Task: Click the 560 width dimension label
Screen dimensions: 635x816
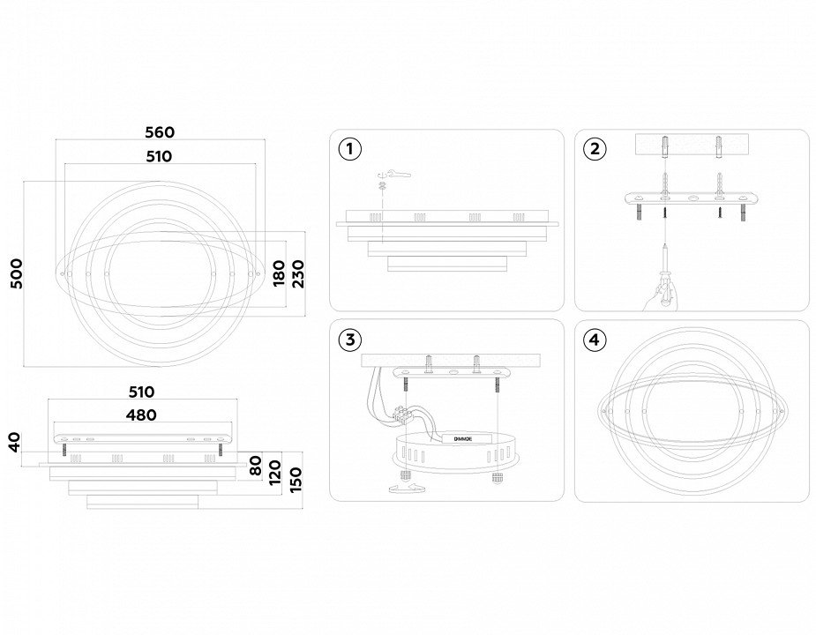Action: tap(160, 133)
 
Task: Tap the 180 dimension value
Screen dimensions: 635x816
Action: tap(279, 273)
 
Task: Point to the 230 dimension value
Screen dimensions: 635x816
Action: tap(298, 273)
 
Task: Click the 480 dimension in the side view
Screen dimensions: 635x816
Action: tap(141, 415)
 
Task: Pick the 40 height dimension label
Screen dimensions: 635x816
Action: tap(13, 441)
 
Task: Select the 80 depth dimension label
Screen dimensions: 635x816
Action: tap(258, 465)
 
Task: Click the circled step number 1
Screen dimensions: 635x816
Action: tap(350, 149)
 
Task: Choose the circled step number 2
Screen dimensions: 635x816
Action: tap(595, 149)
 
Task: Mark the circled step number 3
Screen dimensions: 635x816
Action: tap(350, 340)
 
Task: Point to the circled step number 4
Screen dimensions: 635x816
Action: tap(595, 340)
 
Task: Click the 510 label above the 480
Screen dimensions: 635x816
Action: tap(141, 392)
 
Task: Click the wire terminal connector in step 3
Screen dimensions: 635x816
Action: tap(408, 411)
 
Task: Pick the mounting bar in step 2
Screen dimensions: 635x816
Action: tap(692, 199)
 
